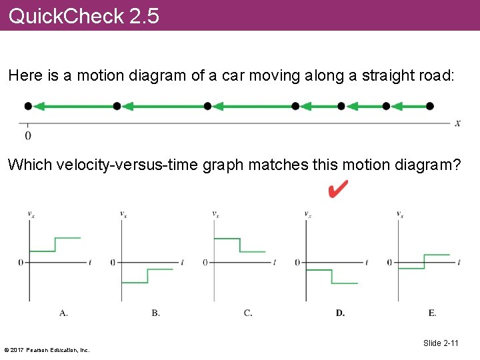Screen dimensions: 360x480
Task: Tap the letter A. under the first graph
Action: (63, 312)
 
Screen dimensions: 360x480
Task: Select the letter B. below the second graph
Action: (155, 312)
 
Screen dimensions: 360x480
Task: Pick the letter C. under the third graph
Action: (247, 312)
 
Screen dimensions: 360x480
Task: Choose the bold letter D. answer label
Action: (340, 312)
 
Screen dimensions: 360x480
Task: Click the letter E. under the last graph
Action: (432, 312)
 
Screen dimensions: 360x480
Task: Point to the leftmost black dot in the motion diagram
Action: (27, 106)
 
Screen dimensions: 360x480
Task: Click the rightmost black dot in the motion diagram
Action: (430, 106)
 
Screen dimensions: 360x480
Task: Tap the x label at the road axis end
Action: (458, 123)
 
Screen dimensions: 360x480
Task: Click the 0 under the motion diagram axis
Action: (27, 135)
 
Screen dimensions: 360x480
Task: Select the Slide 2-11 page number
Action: (441, 343)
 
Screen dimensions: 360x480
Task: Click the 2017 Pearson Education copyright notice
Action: (47, 349)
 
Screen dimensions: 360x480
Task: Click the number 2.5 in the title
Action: (145, 16)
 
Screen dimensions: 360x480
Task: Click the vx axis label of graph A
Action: (31, 214)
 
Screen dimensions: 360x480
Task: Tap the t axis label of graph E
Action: (459, 262)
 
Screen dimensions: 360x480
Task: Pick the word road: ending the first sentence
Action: (434, 76)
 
